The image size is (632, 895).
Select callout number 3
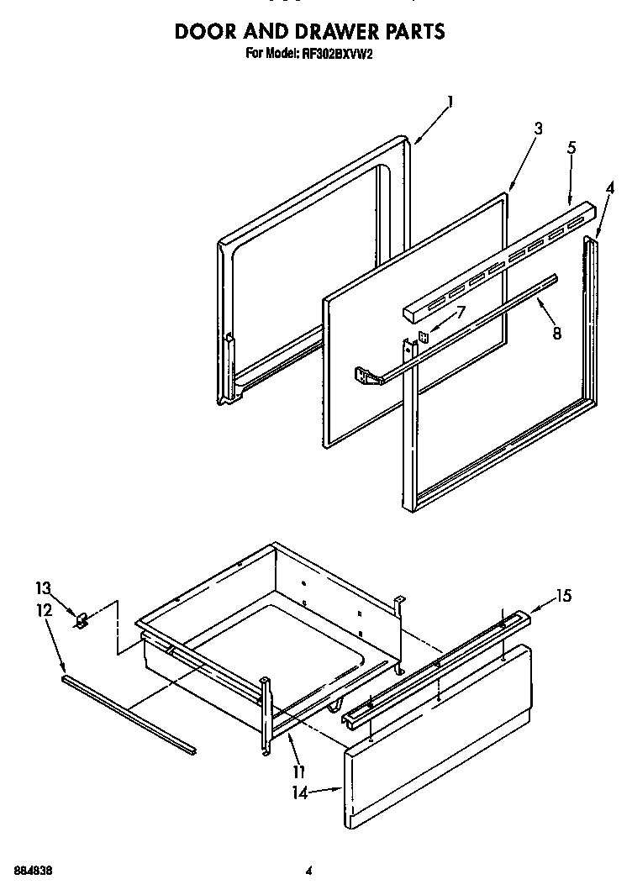click(538, 129)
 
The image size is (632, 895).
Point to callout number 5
click(571, 148)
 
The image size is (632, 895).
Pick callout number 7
click(460, 312)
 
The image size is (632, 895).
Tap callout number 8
click(556, 332)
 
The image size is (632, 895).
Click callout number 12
click(45, 609)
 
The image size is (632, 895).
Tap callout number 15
click(563, 596)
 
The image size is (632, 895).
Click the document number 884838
click(34, 871)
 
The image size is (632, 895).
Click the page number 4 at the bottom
click(309, 871)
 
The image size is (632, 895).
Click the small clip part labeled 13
click(82, 622)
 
